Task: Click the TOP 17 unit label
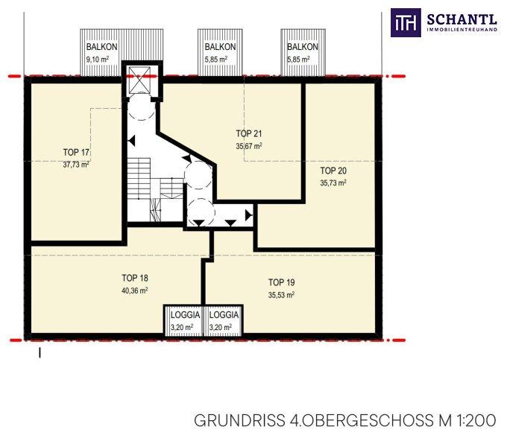(x=76, y=152)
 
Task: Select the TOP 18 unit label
(x=135, y=278)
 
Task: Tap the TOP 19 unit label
(x=282, y=282)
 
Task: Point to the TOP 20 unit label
(x=333, y=171)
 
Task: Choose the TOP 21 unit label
(x=249, y=133)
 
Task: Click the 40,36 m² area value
(x=135, y=291)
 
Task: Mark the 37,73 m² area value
(x=76, y=165)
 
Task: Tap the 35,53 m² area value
(x=282, y=295)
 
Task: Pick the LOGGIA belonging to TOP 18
(x=183, y=320)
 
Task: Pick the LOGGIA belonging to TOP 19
(x=223, y=320)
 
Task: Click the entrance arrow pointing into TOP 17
(x=131, y=141)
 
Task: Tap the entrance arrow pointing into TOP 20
(x=248, y=215)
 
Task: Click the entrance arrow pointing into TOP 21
(x=186, y=159)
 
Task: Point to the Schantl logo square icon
(x=406, y=23)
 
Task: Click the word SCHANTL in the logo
(x=462, y=19)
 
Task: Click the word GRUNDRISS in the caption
(x=239, y=420)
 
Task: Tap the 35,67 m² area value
(x=249, y=146)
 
